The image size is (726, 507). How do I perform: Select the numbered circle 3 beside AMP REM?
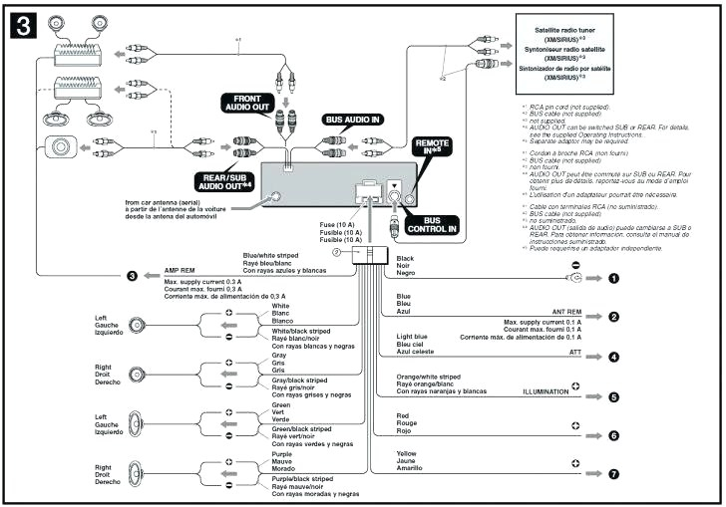click(132, 276)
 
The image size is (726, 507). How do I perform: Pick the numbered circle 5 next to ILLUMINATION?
click(614, 396)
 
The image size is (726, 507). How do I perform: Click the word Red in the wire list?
click(403, 414)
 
